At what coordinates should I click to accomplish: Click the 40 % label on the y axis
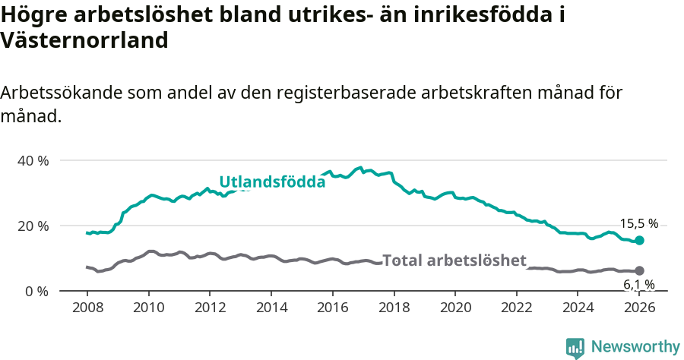(32, 160)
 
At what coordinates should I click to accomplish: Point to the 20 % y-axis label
(32, 226)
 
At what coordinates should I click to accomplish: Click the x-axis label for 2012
(210, 307)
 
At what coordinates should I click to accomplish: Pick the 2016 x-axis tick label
(333, 307)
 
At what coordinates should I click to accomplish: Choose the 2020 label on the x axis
(455, 307)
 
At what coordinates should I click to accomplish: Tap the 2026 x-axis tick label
(639, 307)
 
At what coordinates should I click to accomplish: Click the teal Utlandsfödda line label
(272, 182)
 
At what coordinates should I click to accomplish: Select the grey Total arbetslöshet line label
(454, 261)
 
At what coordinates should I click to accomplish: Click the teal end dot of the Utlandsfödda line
(639, 240)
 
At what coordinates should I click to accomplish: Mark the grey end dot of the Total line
(639, 270)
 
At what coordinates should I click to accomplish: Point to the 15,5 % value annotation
(638, 224)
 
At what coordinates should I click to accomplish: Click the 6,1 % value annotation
(638, 285)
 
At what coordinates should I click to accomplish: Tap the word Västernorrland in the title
(84, 40)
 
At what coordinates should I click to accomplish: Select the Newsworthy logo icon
(575, 347)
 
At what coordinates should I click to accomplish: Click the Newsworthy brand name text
(635, 347)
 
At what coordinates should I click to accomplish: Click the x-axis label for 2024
(578, 307)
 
